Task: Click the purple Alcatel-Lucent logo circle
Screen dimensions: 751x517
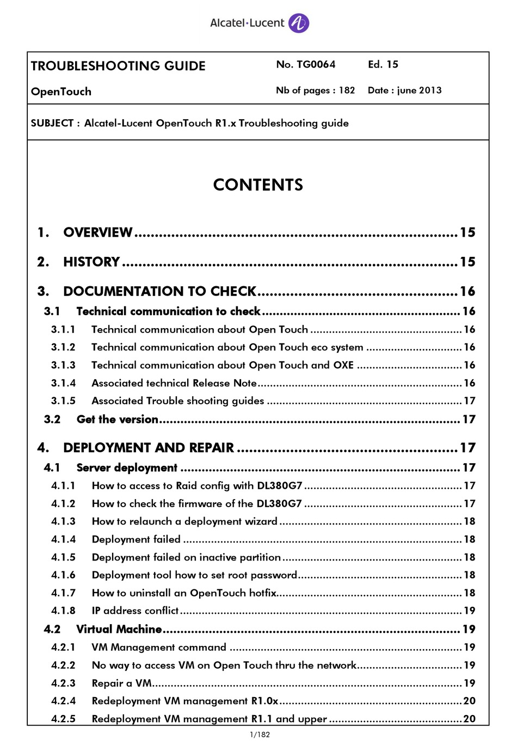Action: [298, 23]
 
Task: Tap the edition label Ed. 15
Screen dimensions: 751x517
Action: [383, 64]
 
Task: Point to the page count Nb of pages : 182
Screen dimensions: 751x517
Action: [315, 90]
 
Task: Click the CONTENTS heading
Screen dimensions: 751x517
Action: [258, 185]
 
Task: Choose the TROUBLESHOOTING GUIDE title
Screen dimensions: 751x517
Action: [118, 66]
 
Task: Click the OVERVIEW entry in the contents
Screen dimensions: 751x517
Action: [98, 232]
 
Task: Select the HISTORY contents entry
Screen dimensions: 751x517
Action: [91, 262]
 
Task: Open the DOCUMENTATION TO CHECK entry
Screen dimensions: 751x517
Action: [159, 291]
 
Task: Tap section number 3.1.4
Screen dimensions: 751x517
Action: [63, 383]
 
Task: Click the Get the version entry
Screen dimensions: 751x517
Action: [118, 419]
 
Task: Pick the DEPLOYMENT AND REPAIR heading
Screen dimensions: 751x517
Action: [149, 448]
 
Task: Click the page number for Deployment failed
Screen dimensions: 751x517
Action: [469, 539]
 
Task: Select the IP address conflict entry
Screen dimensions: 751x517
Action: [135, 611]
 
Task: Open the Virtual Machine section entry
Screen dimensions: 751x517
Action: [119, 629]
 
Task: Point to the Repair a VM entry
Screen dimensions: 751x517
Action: [121, 683]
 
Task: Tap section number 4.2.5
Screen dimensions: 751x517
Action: [63, 719]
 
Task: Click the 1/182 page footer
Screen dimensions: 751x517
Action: [260, 735]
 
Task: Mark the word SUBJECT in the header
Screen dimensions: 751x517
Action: [52, 123]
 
